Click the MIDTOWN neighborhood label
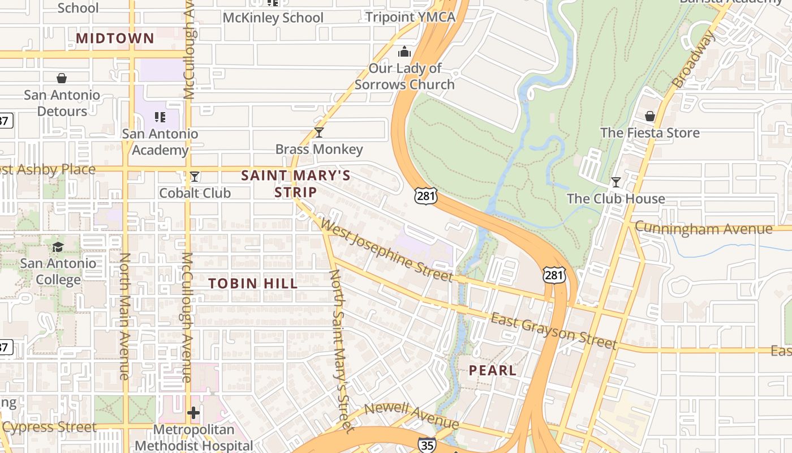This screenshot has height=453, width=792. click(x=115, y=39)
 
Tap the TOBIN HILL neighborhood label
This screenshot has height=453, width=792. click(x=253, y=283)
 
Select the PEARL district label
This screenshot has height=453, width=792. click(x=492, y=370)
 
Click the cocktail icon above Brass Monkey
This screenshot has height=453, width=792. click(x=319, y=133)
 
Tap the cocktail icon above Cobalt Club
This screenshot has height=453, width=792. click(x=195, y=177)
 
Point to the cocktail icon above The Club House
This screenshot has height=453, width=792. click(x=615, y=182)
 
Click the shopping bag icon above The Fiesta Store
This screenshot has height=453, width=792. click(x=649, y=116)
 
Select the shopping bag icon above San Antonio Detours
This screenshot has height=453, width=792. click(x=61, y=78)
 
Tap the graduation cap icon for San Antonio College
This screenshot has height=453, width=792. click(x=58, y=247)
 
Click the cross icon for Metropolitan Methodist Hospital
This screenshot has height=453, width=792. click(x=193, y=413)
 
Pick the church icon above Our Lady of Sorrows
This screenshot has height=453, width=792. click(x=404, y=52)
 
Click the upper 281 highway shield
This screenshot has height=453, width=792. click(x=425, y=195)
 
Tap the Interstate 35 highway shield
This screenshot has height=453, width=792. click(x=427, y=445)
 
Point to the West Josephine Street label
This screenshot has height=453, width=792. click(x=387, y=250)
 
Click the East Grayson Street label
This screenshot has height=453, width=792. click(x=553, y=331)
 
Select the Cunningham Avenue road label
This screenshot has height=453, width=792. click(x=703, y=229)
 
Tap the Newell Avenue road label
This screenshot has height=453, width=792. click(x=412, y=416)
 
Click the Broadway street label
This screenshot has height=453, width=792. click(x=694, y=59)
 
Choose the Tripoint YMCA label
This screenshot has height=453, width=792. click(x=410, y=17)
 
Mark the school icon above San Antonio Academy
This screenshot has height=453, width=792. click(x=160, y=117)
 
